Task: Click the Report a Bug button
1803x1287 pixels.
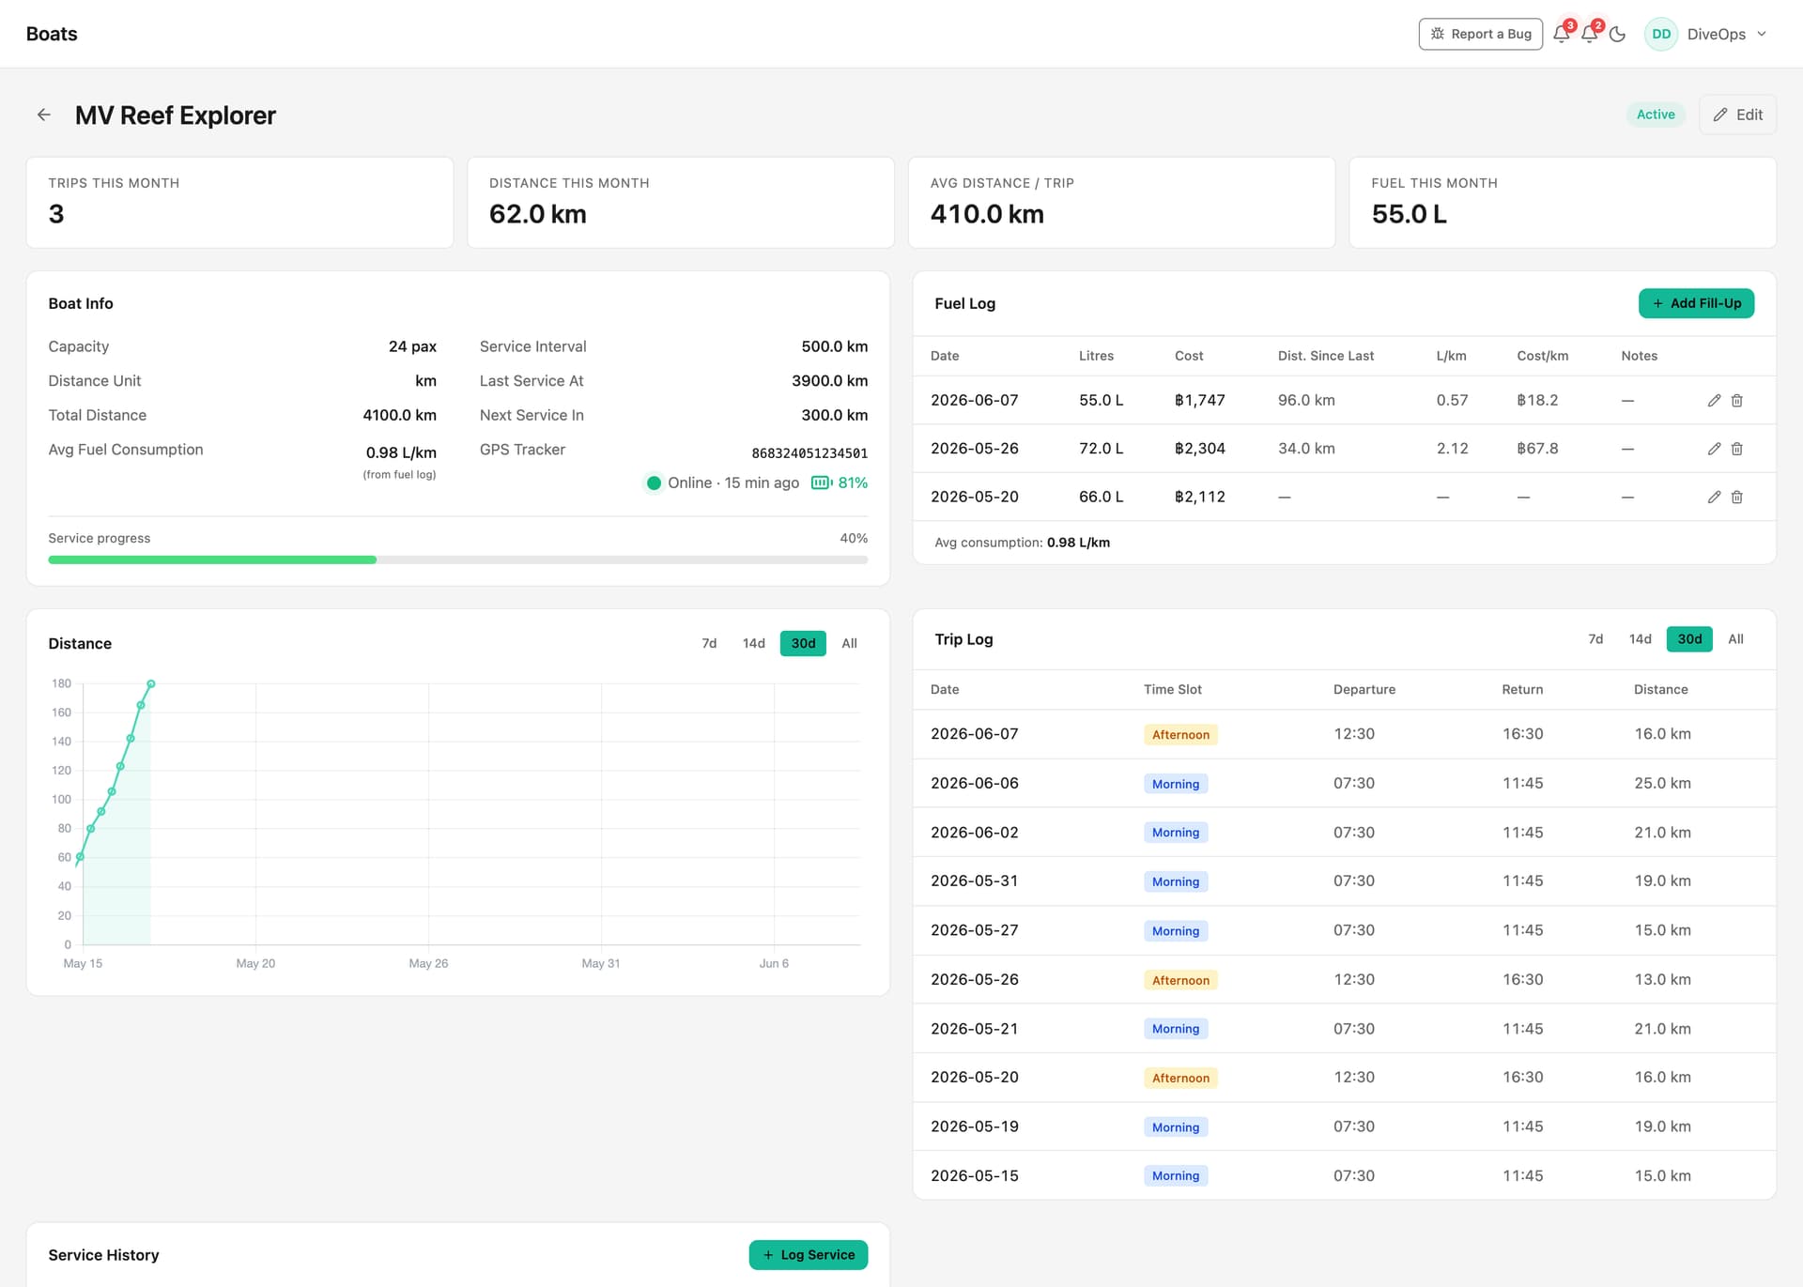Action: tap(1480, 34)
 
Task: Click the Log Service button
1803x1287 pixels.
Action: tap(809, 1254)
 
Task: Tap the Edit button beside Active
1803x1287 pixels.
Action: tap(1737, 115)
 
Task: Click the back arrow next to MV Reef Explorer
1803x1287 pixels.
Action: tap(44, 115)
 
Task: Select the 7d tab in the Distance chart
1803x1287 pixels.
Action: tap(709, 643)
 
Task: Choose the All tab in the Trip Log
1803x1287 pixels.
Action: tap(1735, 639)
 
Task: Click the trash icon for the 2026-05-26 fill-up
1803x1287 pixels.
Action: tap(1737, 449)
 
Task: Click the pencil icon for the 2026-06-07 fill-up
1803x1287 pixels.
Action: tap(1714, 401)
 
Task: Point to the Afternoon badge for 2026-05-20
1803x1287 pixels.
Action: tap(1180, 1078)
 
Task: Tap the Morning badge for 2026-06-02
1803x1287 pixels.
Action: tap(1176, 833)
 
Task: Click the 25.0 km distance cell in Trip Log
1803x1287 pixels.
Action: tap(1662, 783)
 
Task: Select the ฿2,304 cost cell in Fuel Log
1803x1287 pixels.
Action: tap(1200, 449)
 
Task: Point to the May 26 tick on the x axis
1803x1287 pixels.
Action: tap(428, 963)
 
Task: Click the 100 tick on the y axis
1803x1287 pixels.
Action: tap(61, 800)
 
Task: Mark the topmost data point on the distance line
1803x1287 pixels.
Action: tap(151, 684)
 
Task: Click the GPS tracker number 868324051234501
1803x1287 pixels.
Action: tap(809, 453)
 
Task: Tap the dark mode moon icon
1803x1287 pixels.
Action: tap(1617, 34)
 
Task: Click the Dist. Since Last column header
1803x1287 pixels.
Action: tap(1325, 356)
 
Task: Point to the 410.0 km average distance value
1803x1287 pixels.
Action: tap(987, 214)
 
